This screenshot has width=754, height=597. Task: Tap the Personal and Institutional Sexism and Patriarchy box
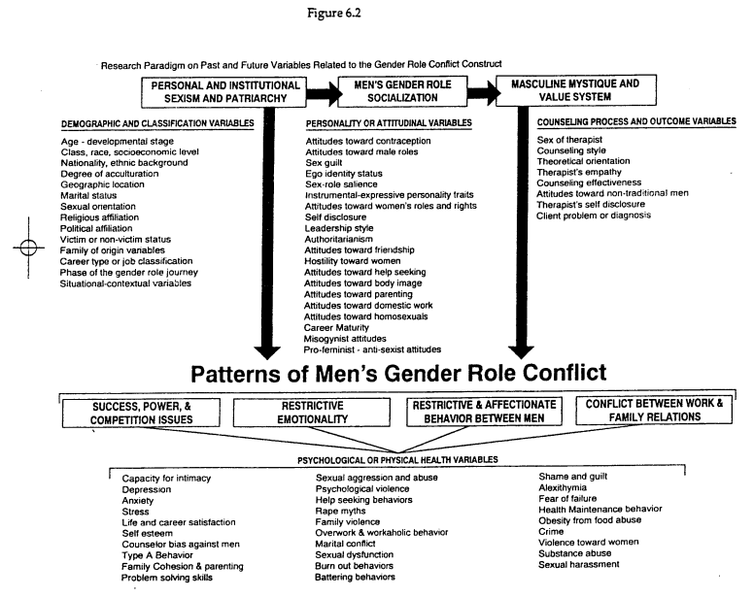(x=228, y=92)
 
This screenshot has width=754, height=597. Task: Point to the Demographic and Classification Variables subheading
(x=157, y=123)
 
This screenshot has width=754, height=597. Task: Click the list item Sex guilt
(x=327, y=167)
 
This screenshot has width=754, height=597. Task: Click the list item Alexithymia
(x=565, y=488)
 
